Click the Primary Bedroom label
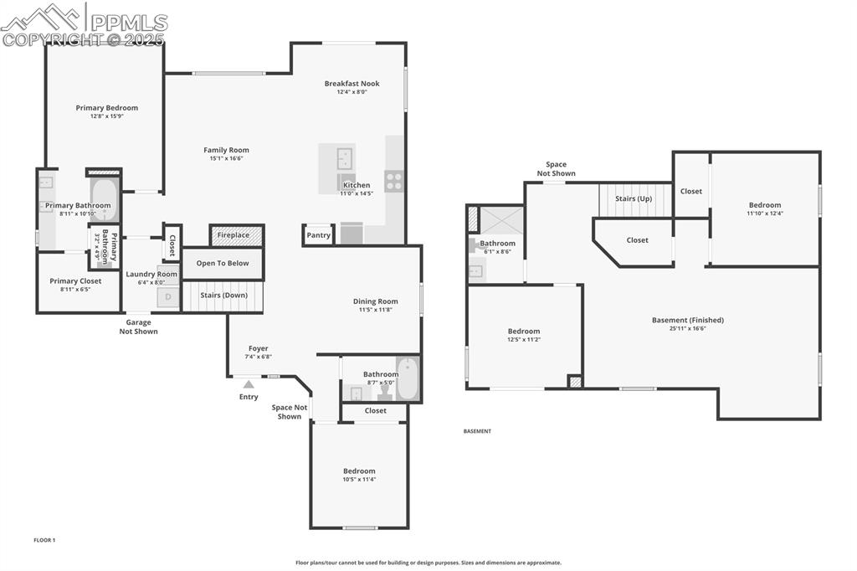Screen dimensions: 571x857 [106, 108]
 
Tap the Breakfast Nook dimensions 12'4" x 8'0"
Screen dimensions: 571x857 [352, 92]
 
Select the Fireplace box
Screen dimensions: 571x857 [234, 235]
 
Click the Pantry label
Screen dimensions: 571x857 [319, 235]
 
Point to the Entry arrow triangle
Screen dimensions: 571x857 [248, 384]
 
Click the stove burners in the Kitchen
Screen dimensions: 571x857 [394, 181]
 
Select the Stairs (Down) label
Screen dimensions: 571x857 [223, 295]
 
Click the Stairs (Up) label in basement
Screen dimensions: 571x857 [634, 198]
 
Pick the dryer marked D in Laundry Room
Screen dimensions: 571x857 [168, 296]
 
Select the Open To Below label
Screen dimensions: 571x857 [223, 263]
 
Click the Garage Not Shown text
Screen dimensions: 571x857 [138, 327]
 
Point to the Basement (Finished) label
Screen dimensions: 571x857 [687, 320]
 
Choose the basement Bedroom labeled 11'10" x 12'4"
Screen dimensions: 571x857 [764, 209]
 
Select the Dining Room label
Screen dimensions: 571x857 [375, 301]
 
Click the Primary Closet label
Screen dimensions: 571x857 [75, 281]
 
